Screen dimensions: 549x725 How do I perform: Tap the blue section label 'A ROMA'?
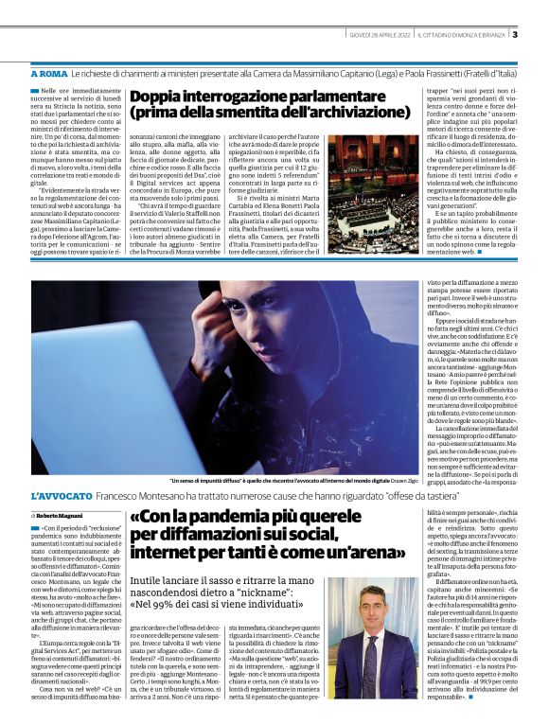pos(49,73)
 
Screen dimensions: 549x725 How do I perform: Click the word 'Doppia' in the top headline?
pos(156,97)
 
